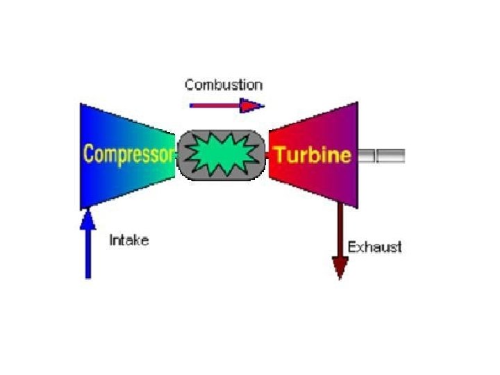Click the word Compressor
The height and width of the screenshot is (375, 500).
pyautogui.click(x=127, y=153)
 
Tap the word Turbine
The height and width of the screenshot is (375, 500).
pyautogui.click(x=312, y=153)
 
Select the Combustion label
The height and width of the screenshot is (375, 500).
pyautogui.click(x=224, y=85)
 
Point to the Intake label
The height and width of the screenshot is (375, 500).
pyautogui.click(x=129, y=241)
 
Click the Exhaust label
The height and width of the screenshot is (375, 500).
pyautogui.click(x=374, y=247)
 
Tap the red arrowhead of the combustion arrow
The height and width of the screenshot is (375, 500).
pyautogui.click(x=251, y=106)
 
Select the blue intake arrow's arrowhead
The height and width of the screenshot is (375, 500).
pyautogui.click(x=87, y=221)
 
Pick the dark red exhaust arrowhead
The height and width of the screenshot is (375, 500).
pyautogui.click(x=340, y=267)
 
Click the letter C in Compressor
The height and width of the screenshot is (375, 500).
pyautogui.click(x=87, y=153)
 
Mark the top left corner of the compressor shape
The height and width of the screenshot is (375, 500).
pyautogui.click(x=81, y=105)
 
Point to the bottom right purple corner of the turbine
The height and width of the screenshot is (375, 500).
pyautogui.click(x=356, y=206)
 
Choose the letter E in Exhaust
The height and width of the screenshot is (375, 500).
pyautogui.click(x=351, y=247)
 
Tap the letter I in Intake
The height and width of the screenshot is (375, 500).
pyautogui.click(x=112, y=241)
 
